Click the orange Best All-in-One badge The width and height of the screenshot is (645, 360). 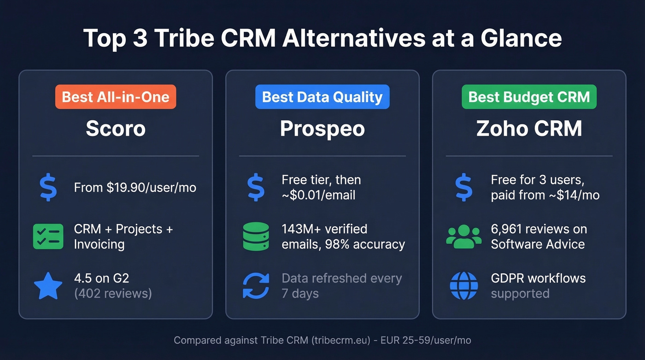click(x=116, y=97)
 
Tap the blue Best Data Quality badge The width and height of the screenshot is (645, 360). click(x=322, y=97)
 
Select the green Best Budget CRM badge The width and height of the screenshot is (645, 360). click(x=529, y=97)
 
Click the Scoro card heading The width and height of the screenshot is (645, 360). click(x=116, y=129)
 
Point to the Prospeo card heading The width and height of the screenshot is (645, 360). click(x=322, y=129)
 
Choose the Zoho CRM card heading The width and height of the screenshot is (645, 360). click(x=529, y=129)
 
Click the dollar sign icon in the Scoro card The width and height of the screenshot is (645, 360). click(x=48, y=187)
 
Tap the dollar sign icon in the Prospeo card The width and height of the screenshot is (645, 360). click(x=256, y=187)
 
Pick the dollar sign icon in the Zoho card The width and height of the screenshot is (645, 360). click(x=463, y=187)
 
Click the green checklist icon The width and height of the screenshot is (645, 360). click(x=48, y=236)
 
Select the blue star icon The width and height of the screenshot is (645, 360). click(x=48, y=286)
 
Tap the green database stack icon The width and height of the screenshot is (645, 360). click(x=256, y=236)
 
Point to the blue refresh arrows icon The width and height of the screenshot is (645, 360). click(x=256, y=286)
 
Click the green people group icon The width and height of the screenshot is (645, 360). click(x=463, y=236)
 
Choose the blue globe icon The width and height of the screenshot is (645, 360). click(x=463, y=286)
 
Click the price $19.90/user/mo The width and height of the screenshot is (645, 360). click(x=152, y=188)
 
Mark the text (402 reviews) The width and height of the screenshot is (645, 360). click(x=113, y=293)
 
